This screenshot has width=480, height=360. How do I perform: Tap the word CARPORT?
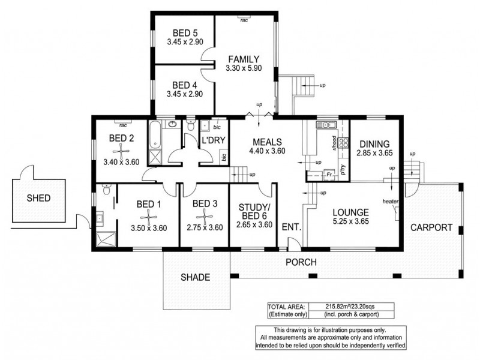point(431,228)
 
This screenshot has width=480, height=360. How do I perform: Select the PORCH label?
point(301,262)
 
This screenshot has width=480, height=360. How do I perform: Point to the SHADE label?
point(196,277)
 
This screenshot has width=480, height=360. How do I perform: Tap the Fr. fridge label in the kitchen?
point(328,175)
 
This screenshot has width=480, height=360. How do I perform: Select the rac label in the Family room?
point(244,20)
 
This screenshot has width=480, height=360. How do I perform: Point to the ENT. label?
point(290,228)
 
